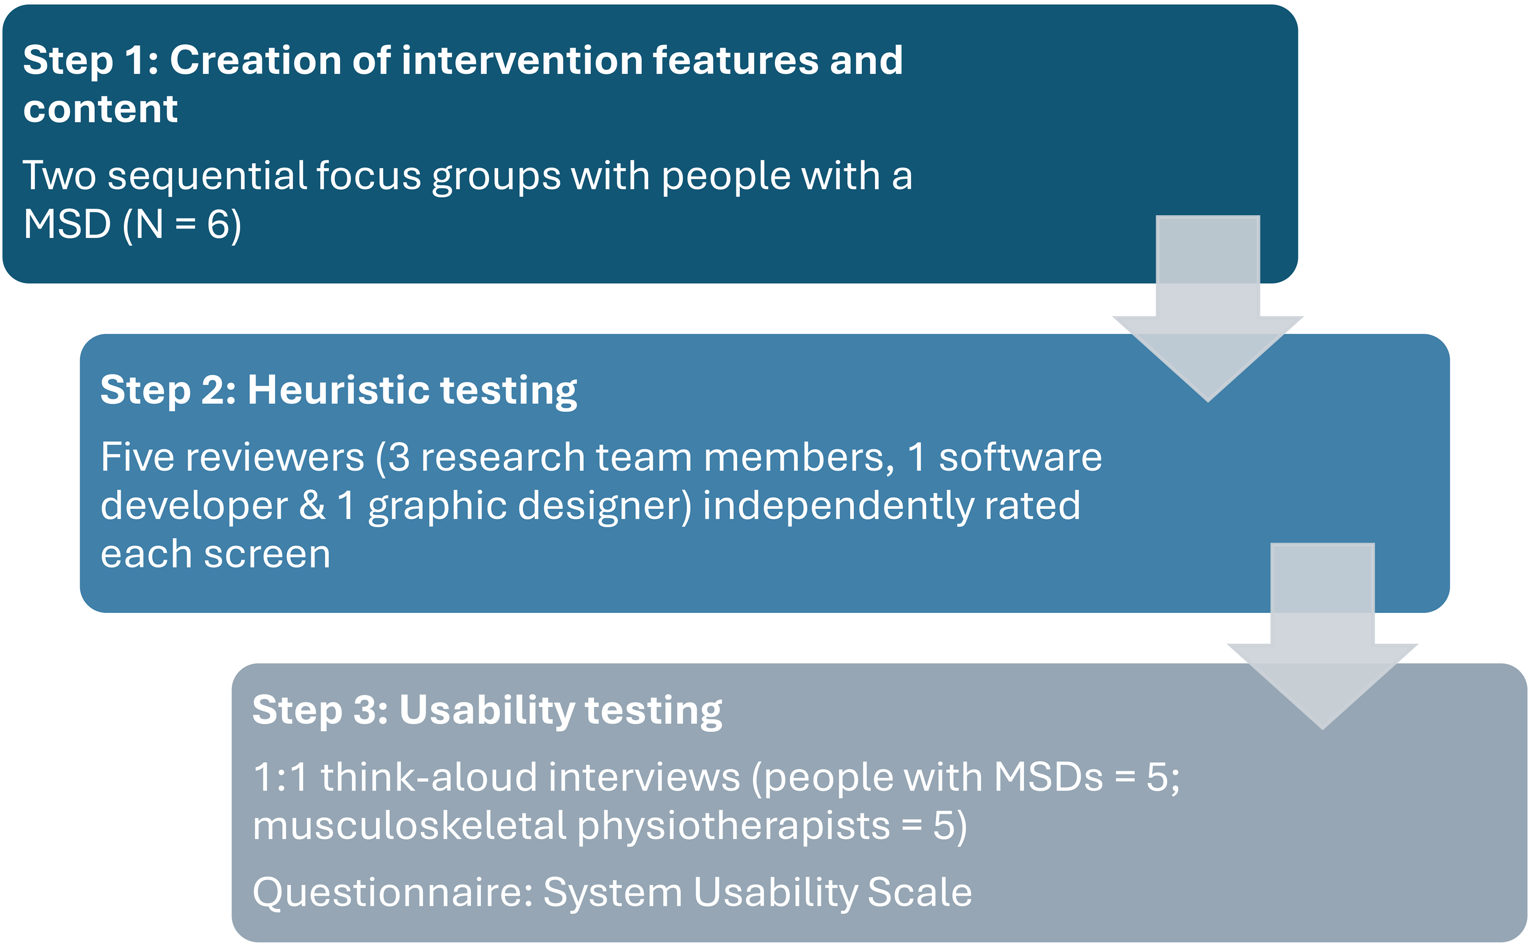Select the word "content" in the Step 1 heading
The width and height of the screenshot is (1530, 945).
coord(101,110)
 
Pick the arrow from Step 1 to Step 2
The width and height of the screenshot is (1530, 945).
coord(1207,308)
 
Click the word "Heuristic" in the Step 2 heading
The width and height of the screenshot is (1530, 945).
coord(338,390)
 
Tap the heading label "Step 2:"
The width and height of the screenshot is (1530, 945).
coord(168,390)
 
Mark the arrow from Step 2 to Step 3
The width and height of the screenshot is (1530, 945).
coord(1322,635)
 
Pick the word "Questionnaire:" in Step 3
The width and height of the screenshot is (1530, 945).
coord(393,893)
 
